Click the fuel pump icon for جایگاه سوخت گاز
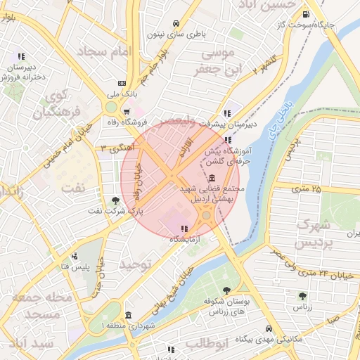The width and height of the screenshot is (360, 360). pos(304,14)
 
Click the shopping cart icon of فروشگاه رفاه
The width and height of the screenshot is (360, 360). pos(126,111)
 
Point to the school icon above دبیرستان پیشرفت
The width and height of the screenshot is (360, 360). pos(226,112)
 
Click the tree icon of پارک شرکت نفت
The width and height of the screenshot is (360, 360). pos(115,200)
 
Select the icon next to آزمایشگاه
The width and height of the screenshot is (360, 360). pos(184,229)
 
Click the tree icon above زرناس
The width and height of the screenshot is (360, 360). pos(302,296)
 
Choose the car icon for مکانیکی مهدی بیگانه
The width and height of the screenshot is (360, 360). pos(269,328)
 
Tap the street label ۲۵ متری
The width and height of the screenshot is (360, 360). pos(307,188)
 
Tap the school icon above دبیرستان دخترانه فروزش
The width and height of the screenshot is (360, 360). pos(22,56)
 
